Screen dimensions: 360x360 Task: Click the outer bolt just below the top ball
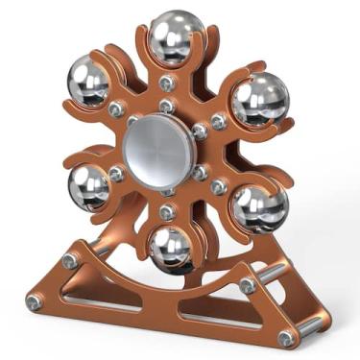click(x=169, y=84)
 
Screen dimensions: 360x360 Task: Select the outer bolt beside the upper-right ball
click(x=219, y=122)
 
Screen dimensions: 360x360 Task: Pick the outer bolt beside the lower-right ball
click(x=219, y=186)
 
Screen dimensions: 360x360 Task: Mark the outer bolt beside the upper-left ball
click(x=117, y=109)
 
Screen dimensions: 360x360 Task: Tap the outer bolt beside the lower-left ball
click(x=117, y=174)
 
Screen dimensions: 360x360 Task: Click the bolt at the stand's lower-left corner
click(x=34, y=302)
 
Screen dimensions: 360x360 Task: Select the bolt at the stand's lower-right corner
click(x=286, y=338)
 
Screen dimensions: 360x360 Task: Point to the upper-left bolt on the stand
click(x=70, y=260)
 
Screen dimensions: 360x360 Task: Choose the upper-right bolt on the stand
click(x=248, y=286)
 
